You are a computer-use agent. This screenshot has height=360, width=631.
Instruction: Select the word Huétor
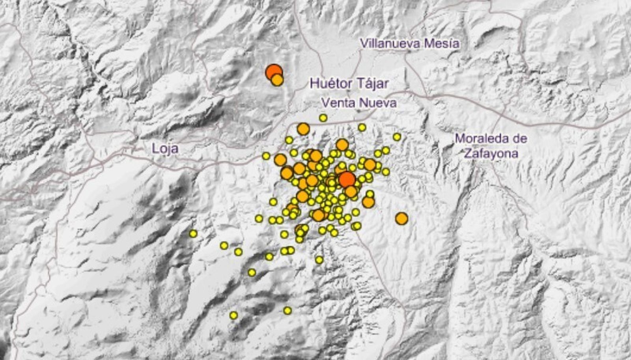coord(327,83)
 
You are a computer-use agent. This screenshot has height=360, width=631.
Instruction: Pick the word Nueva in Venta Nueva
coord(377,103)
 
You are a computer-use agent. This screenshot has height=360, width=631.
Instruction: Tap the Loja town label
coord(165,149)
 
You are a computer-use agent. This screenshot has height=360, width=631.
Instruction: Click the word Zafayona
coord(491,153)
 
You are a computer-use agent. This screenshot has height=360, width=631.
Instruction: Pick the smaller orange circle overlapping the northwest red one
coord(277,80)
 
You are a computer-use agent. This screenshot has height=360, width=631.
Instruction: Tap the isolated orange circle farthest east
coord(401,218)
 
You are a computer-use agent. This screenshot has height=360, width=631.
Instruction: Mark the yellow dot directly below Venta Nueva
coord(323,118)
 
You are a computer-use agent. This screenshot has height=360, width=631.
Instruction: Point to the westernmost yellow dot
coord(193,234)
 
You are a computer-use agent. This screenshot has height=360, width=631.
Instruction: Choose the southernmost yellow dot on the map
coord(233,315)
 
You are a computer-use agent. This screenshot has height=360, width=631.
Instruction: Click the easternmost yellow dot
coord(397,137)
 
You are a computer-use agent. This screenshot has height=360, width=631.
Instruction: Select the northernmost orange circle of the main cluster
coord(303,129)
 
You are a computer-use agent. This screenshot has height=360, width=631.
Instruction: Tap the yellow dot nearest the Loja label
coord(266,156)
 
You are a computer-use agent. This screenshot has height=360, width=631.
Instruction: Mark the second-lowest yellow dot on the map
coord(287,311)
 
